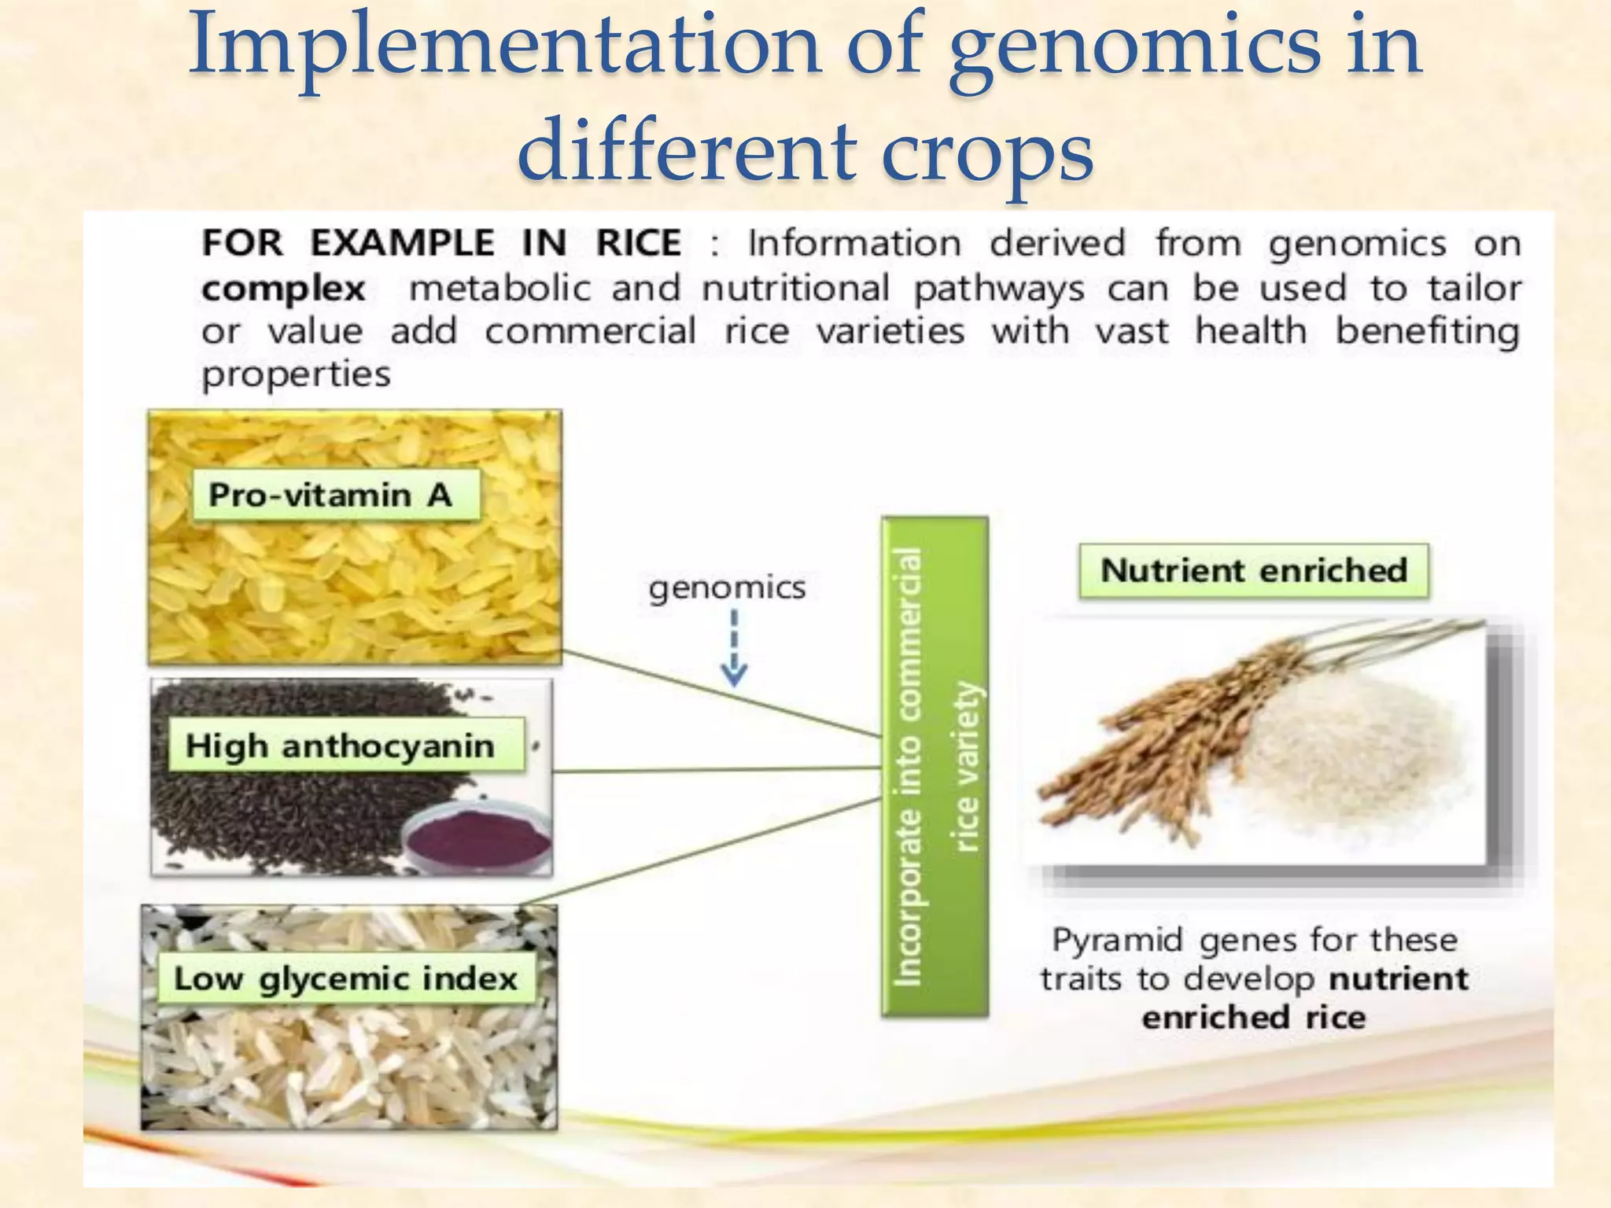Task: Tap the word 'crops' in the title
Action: (987, 151)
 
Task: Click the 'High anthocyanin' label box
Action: (345, 746)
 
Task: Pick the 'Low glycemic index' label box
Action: (345, 979)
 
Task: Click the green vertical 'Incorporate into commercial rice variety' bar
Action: (935, 767)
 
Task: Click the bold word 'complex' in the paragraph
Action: (283, 289)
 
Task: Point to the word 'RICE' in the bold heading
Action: (638, 243)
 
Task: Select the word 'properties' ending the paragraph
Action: (296, 375)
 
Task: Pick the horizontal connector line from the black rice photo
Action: (716, 770)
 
